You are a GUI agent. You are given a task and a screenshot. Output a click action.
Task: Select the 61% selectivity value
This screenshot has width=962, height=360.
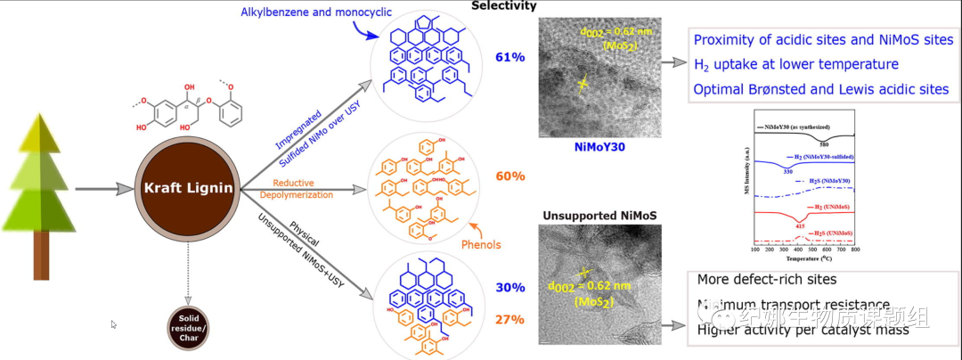point(510,58)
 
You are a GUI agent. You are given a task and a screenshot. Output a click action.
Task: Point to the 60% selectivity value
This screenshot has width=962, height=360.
point(510,176)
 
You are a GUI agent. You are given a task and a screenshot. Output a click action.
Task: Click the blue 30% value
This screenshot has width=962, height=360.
point(510,288)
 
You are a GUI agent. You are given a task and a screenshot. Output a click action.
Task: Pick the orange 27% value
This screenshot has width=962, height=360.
point(510,319)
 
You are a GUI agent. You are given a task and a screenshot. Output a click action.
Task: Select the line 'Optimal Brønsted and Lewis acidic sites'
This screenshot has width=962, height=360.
point(821,89)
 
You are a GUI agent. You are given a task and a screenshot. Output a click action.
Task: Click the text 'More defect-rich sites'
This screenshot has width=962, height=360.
point(768,279)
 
